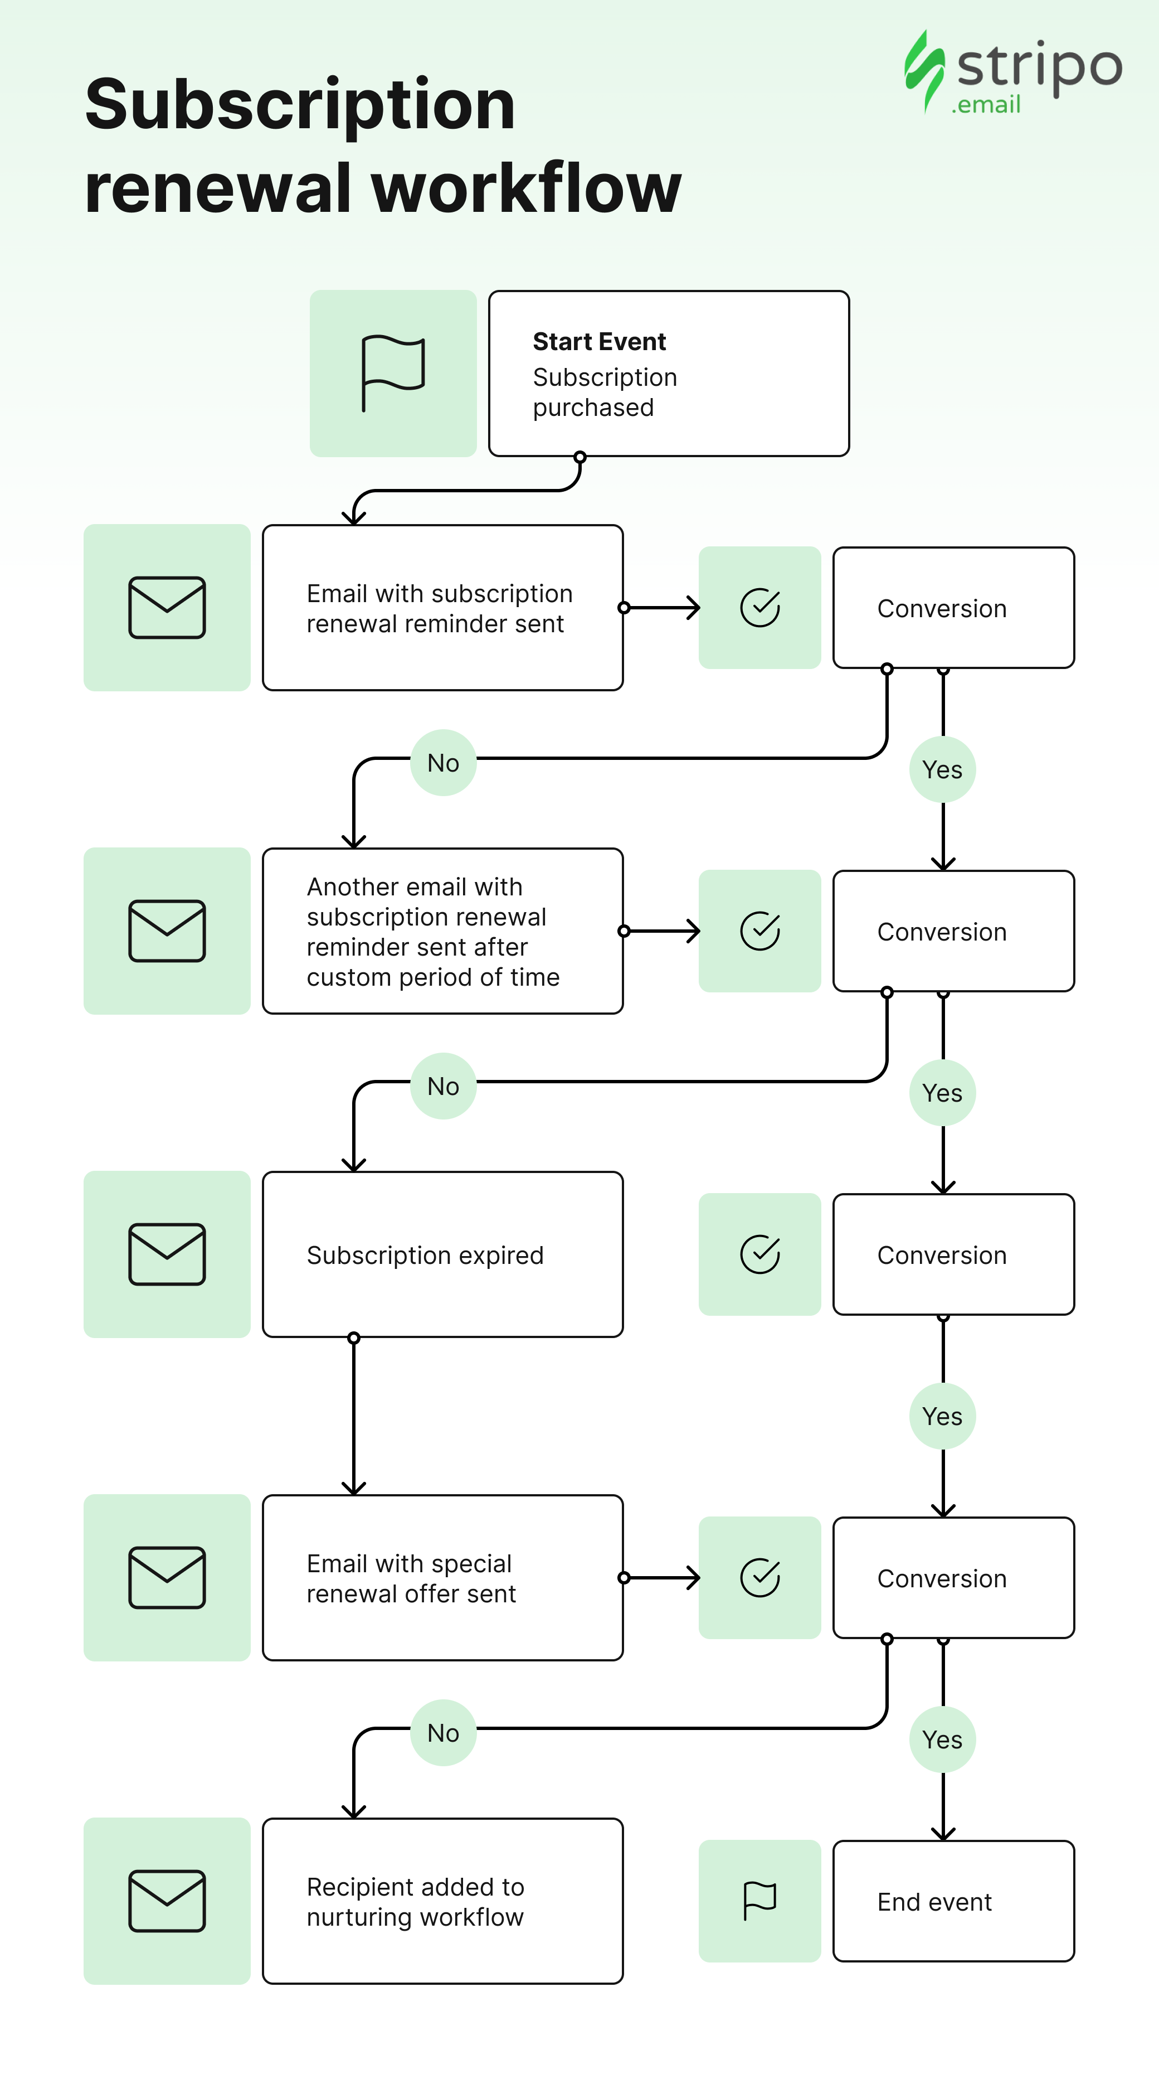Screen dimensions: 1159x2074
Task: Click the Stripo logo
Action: [x=1012, y=72]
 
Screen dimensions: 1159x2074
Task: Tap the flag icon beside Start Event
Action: [x=393, y=374]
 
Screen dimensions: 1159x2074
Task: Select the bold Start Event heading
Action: [x=599, y=341]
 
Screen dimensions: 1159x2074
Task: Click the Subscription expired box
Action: [x=442, y=1254]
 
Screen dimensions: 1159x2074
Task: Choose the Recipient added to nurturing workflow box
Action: [x=442, y=1901]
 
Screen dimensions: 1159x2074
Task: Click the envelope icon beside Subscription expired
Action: [x=167, y=1254]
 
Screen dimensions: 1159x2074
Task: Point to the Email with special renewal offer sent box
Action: [x=442, y=1578]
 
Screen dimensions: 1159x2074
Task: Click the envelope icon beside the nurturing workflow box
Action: [x=167, y=1901]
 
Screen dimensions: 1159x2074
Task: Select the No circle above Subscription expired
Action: [x=444, y=1086]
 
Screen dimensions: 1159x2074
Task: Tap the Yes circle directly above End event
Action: [x=942, y=1739]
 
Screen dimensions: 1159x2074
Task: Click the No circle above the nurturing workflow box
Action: [x=444, y=1733]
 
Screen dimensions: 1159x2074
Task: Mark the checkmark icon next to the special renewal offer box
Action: [x=760, y=1577]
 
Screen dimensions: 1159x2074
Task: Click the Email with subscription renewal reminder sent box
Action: [x=442, y=608]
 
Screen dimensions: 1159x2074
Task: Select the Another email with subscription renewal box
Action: [x=442, y=931]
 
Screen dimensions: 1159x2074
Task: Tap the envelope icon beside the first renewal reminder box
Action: [x=167, y=608]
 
